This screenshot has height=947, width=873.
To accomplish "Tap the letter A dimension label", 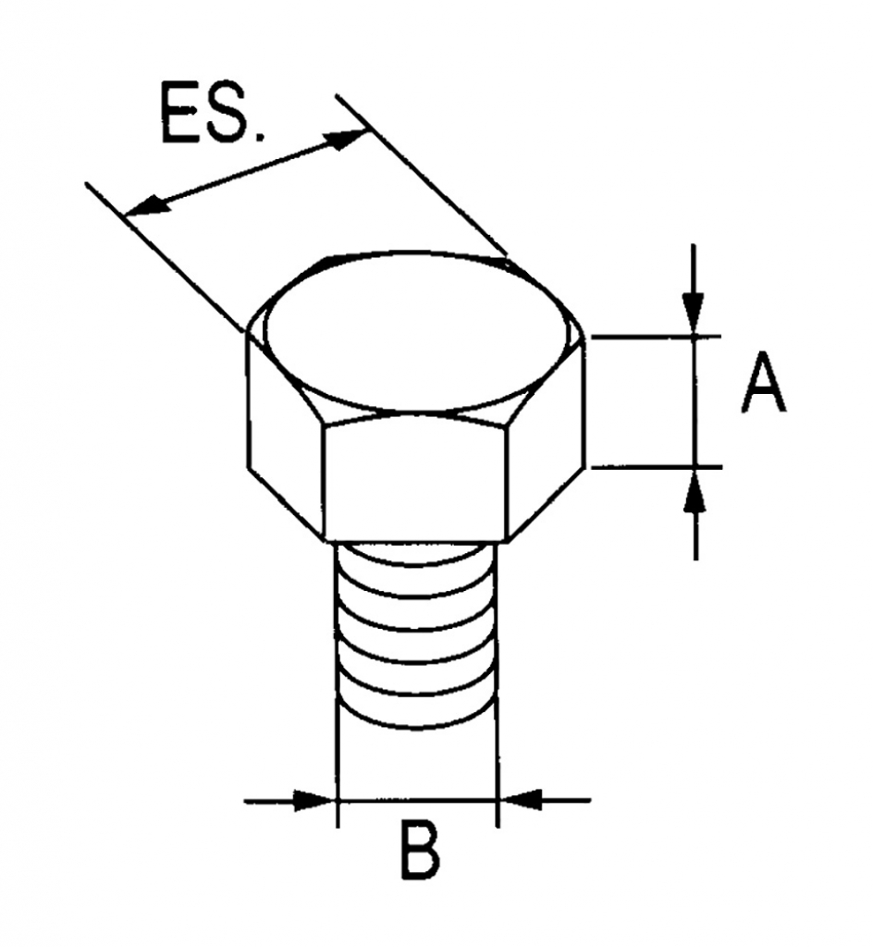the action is point(764,382).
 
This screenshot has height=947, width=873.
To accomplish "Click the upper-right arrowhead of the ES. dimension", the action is point(345,140).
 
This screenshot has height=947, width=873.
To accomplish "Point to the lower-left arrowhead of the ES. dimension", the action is point(147,205).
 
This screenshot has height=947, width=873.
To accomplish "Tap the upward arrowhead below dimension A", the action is point(695,490).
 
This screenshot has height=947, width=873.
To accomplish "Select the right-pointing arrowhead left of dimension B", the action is point(314,800).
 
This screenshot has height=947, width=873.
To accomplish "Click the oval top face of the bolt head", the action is point(416,331).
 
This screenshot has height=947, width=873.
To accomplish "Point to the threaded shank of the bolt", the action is point(416,634).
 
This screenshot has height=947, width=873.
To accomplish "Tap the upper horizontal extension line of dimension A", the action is point(657,336).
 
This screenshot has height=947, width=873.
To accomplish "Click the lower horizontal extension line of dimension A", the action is point(657,466).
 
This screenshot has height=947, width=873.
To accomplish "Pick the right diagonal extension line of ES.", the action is point(422,174).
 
